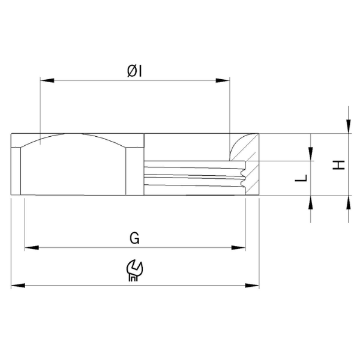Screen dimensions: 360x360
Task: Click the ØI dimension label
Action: (134, 71)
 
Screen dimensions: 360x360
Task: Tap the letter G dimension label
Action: (134, 238)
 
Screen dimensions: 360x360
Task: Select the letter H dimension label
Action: (339, 165)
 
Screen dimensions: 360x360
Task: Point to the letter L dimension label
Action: (301, 178)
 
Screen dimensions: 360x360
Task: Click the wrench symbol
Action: (135, 270)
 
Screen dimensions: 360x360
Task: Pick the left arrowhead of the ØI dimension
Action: (47, 80)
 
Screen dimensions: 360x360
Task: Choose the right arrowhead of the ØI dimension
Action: (223, 80)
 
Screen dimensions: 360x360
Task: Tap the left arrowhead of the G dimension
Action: (32, 248)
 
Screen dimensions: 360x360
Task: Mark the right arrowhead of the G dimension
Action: (239, 248)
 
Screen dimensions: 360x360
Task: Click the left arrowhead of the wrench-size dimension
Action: (18, 286)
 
